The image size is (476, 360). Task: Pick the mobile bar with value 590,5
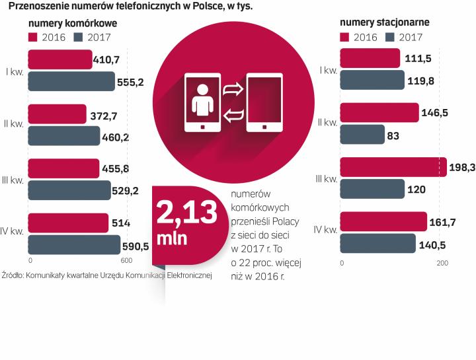pos(75,244)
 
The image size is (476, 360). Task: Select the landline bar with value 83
pos(362,135)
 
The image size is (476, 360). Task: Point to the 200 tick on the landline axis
pos(442,264)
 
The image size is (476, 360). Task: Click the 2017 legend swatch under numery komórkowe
pos(80,37)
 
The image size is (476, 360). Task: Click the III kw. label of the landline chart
pos(325,178)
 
